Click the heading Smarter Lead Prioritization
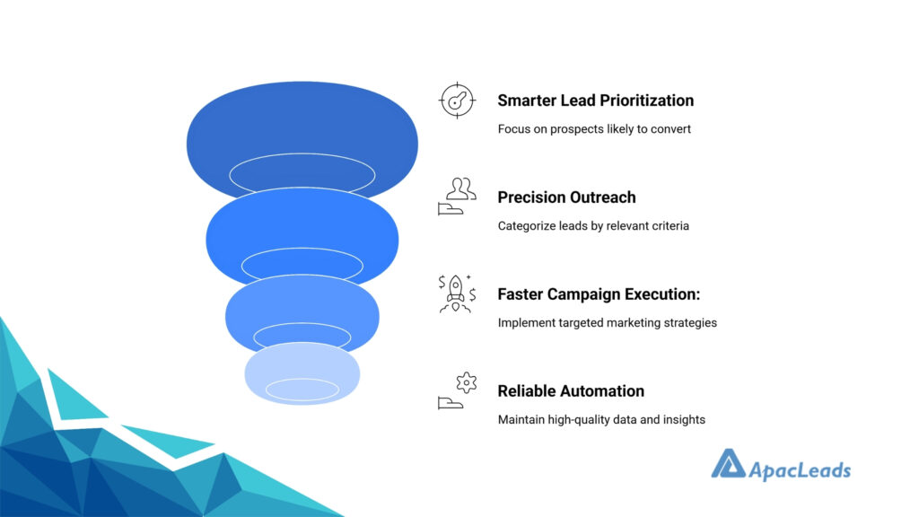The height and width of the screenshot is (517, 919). click(596, 101)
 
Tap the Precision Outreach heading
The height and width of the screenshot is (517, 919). click(567, 197)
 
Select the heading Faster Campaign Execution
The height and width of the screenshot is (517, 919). click(599, 294)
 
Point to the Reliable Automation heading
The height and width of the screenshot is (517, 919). click(571, 391)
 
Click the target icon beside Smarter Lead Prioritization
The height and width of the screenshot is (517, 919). click(457, 101)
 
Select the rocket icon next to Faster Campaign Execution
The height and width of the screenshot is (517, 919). click(457, 294)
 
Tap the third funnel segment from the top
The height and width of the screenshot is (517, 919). click(302, 305)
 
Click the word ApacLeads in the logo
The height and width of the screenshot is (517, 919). click(800, 470)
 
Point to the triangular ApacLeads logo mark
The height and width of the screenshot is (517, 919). click(729, 464)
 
